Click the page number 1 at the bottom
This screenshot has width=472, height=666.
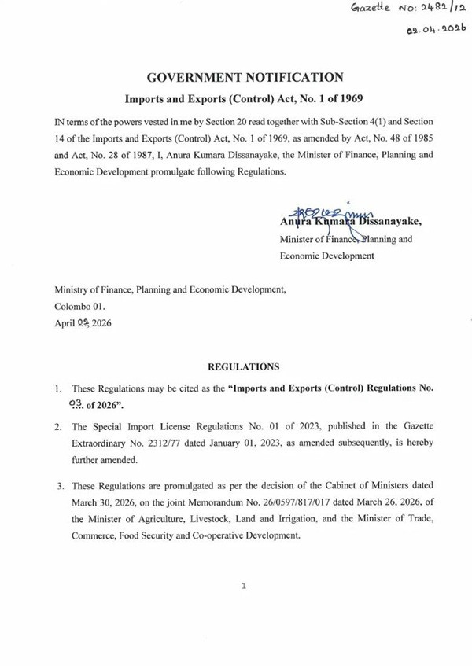[244, 586]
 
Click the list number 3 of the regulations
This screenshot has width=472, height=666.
[59, 486]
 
